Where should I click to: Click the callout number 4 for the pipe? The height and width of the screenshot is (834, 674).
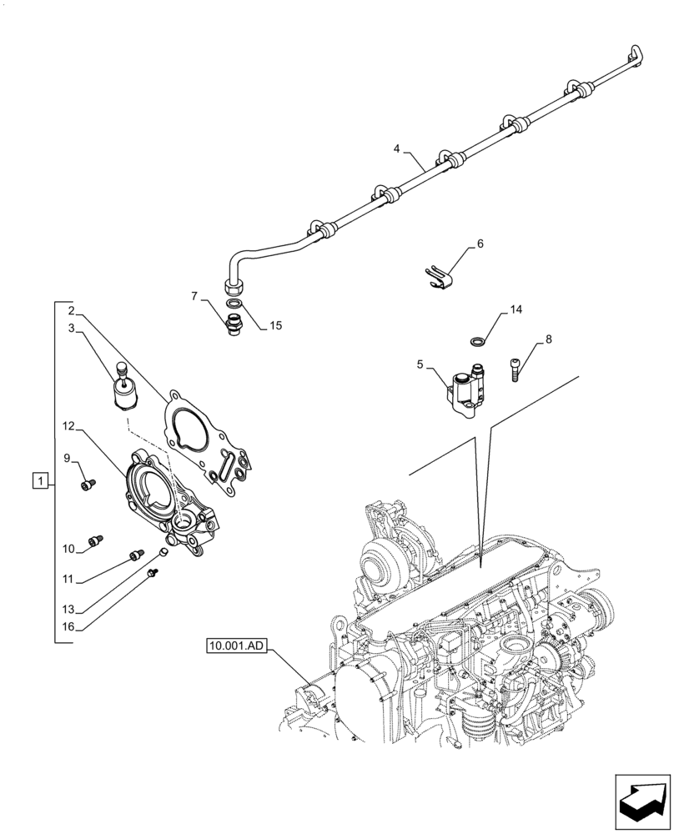397,149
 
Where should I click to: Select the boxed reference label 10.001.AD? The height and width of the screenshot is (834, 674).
234,645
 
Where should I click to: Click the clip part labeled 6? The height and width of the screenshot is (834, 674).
439,275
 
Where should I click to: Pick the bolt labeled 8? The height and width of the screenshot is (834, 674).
516,367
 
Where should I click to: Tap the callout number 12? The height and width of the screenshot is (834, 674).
68,427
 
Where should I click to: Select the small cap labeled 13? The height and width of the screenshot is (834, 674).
164,552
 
